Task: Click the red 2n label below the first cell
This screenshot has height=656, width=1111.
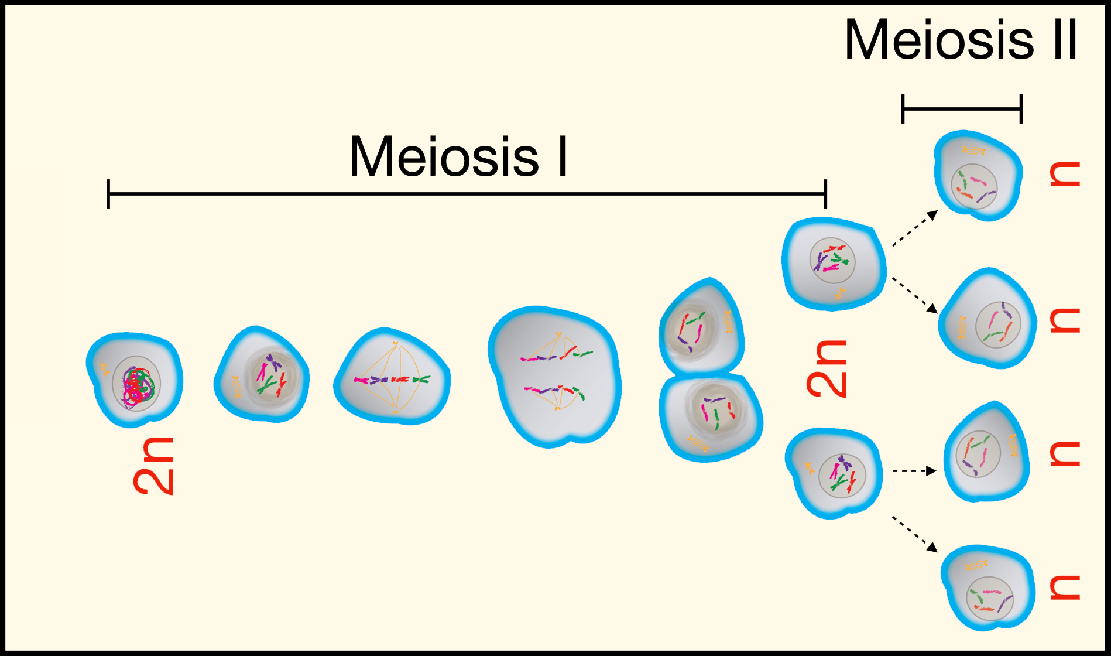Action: point(153,466)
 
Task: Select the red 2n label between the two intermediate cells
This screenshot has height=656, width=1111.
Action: point(827,368)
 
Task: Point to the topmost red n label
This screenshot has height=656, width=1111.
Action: point(1065,173)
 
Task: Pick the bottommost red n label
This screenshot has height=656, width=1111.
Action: point(1065,587)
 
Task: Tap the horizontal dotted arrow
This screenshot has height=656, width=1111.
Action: point(914,470)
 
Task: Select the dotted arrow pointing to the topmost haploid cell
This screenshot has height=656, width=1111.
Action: point(915,228)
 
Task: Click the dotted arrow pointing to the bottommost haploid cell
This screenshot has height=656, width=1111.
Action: point(915,534)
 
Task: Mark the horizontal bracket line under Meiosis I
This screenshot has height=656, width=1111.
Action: point(467,194)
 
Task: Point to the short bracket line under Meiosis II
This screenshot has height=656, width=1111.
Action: point(962,109)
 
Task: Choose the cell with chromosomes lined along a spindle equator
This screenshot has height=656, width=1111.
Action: point(392,377)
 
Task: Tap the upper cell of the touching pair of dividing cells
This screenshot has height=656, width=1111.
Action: point(702,327)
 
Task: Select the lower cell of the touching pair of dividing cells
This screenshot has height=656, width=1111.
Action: point(710,418)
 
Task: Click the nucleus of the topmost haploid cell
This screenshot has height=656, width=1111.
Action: point(974,187)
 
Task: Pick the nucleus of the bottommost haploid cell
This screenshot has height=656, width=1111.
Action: point(989,599)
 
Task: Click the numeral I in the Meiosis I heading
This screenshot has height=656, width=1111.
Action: point(563,156)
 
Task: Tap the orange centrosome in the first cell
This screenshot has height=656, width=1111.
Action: point(104,369)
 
